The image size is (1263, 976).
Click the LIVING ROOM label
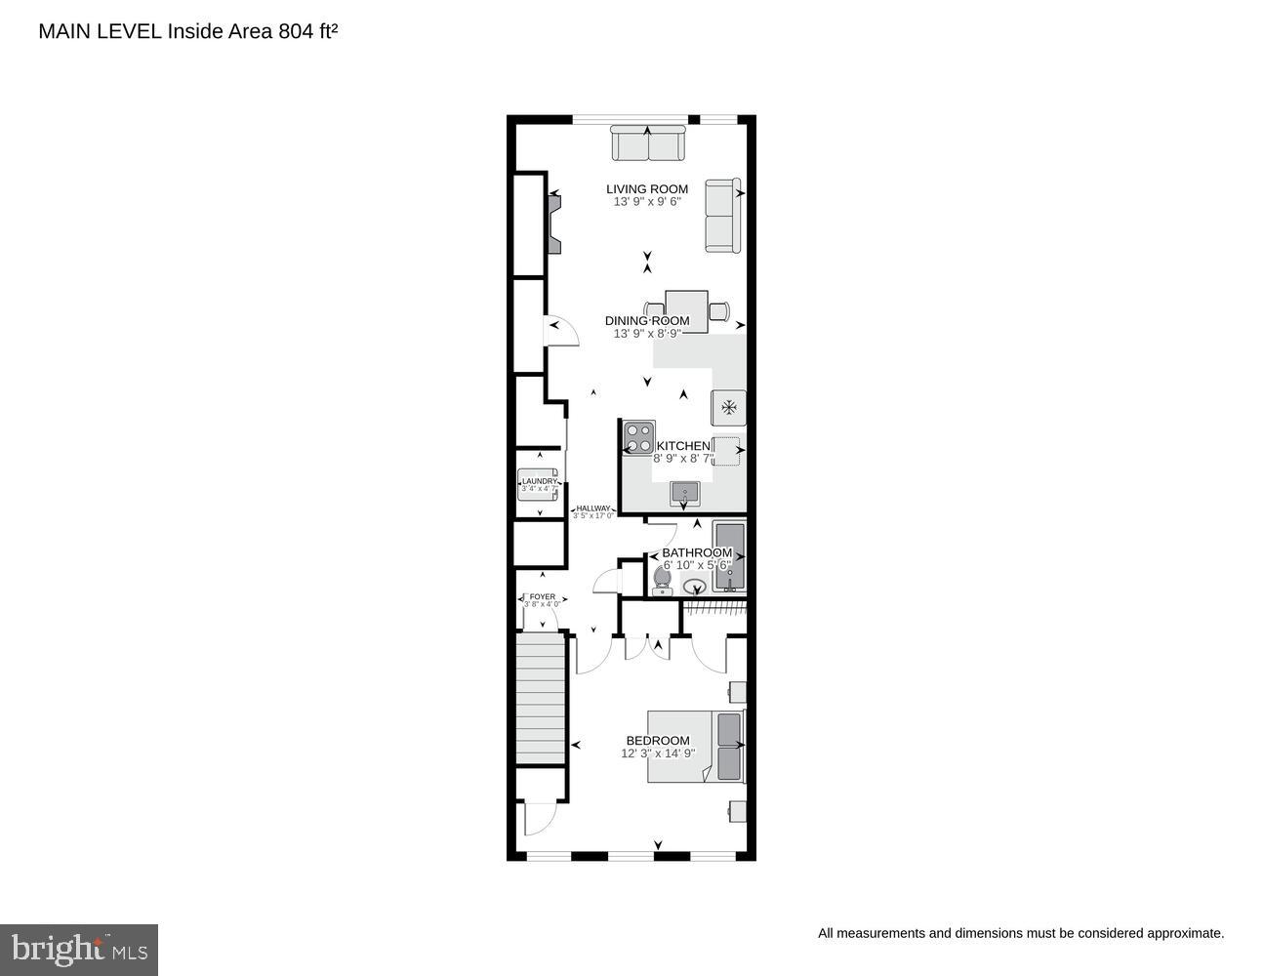(x=646, y=189)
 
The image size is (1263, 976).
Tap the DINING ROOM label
(x=646, y=321)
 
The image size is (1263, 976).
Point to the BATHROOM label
(x=696, y=552)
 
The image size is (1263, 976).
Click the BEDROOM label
(x=658, y=741)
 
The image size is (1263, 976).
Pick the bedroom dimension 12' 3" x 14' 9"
(x=658, y=753)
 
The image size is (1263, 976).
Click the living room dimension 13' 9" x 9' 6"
(x=646, y=202)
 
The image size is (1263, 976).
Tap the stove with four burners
(x=638, y=437)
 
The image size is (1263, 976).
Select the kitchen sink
(x=685, y=493)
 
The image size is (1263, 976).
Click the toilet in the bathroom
(x=663, y=582)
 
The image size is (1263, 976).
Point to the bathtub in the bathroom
(x=729, y=556)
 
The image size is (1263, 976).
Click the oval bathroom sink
(x=695, y=587)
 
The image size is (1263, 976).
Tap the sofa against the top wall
(x=648, y=145)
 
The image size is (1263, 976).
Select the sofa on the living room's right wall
(x=723, y=216)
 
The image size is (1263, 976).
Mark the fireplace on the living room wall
(x=554, y=224)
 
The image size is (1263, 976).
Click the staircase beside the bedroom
(x=540, y=698)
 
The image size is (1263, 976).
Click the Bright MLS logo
(x=79, y=950)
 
